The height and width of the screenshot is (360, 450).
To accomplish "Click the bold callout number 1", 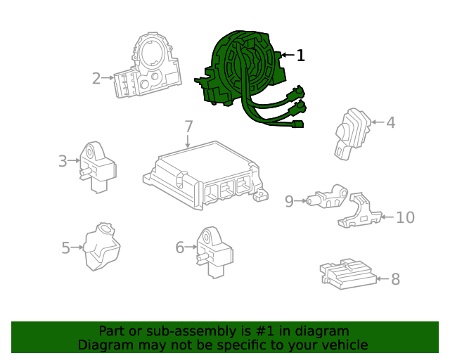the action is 300,55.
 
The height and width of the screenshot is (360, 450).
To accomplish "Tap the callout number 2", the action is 96,78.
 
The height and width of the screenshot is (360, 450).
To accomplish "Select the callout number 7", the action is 188,127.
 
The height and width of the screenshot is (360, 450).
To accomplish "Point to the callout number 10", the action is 405,217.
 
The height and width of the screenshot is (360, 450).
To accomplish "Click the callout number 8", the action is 395,279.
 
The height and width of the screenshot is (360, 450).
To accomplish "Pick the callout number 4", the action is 391,122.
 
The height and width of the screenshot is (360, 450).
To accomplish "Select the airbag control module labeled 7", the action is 205,174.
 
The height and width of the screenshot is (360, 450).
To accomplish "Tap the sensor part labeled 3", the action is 98,167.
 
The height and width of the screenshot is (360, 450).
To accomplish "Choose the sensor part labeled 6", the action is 214,252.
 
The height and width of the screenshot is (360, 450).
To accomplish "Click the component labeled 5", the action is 101,246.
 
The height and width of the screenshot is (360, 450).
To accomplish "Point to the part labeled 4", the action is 352,134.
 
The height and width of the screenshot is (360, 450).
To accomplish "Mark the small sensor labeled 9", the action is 327,197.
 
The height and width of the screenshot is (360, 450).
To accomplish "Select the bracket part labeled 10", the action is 360,211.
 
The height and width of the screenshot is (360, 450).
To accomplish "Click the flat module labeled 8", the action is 349,274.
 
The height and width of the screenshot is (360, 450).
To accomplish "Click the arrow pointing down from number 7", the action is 188,141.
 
